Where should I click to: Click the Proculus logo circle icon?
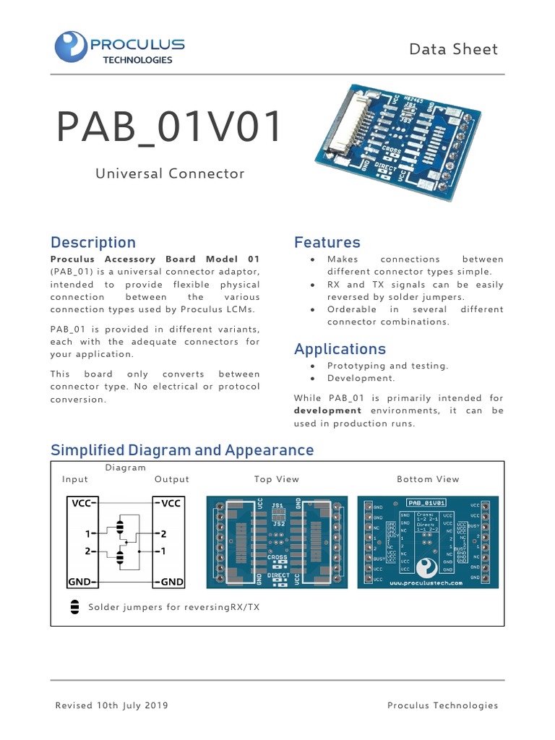[71, 46]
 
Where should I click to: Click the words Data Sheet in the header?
[453, 49]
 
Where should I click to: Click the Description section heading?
[92, 243]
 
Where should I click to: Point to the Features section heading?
[327, 243]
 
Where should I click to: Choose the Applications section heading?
[340, 350]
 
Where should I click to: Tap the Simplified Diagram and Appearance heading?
[182, 450]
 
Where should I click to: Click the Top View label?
[276, 479]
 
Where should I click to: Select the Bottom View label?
[428, 479]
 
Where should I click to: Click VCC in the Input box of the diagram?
[80, 503]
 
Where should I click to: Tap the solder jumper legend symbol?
[74, 607]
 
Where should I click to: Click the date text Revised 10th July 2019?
[112, 705]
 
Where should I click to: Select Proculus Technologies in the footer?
[442, 705]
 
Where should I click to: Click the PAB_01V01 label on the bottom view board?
[426, 502]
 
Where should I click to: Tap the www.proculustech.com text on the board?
[426, 582]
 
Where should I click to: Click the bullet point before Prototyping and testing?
[311, 366]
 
